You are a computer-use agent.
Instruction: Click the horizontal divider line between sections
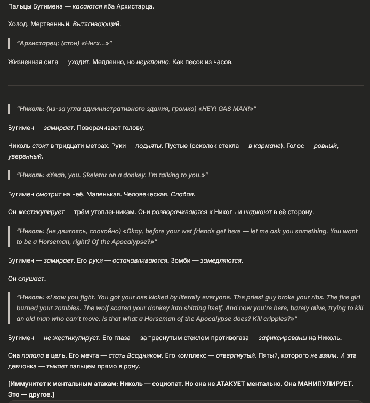(186, 85)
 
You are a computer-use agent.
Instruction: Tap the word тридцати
(82, 146)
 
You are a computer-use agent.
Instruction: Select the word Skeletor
(86, 175)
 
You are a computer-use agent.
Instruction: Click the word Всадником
(147, 355)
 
